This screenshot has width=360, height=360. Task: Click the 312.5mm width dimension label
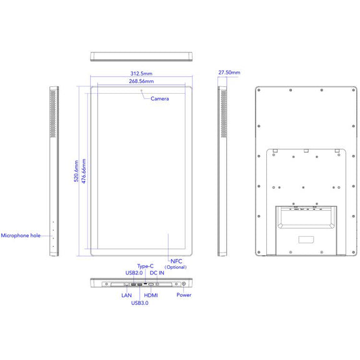(141, 74)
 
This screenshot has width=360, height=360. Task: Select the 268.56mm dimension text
(141, 81)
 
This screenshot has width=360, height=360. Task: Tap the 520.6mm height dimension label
(76, 171)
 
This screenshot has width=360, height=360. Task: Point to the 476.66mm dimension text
(84, 171)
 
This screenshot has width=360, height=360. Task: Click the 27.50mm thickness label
(229, 72)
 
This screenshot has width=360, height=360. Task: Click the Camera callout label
(159, 99)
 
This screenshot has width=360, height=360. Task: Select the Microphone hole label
(21, 236)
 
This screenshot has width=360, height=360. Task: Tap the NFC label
(176, 261)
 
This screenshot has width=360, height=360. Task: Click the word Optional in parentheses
(176, 267)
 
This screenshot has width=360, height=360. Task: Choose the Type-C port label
(146, 266)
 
